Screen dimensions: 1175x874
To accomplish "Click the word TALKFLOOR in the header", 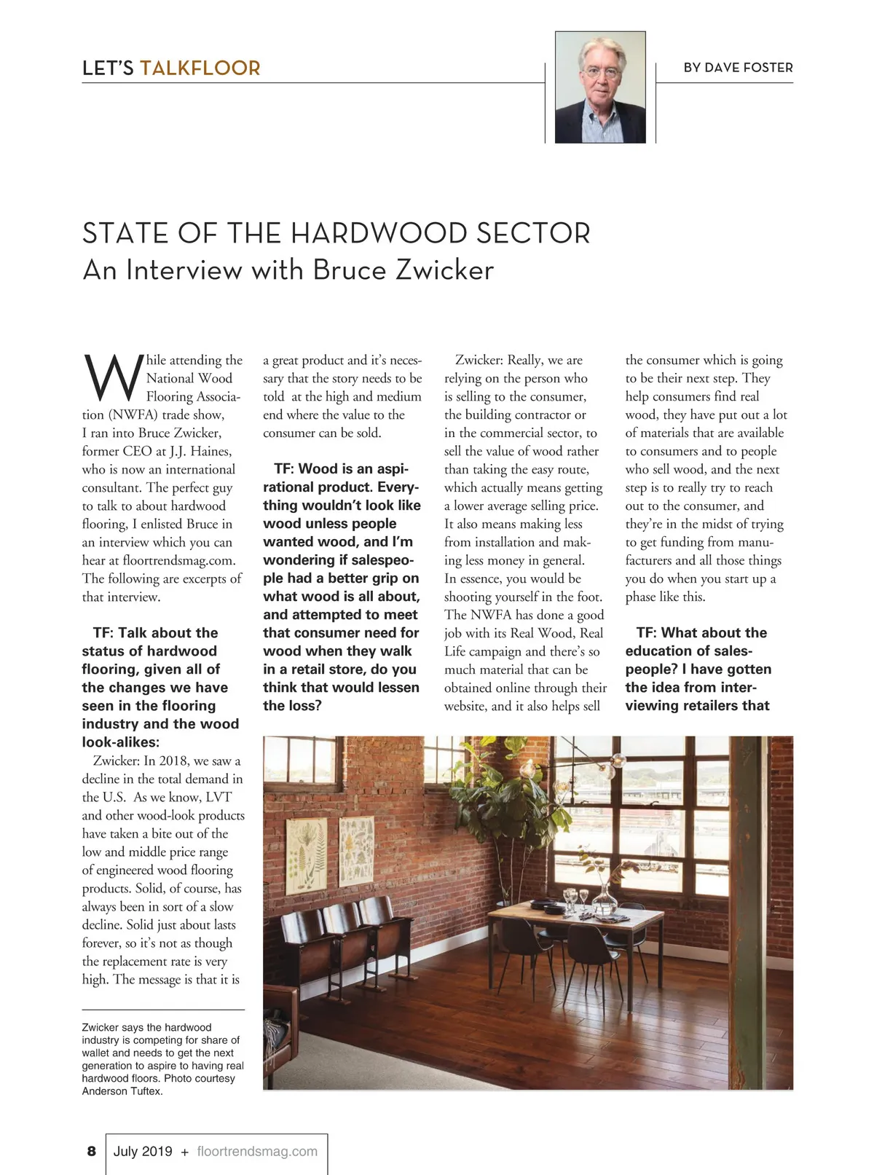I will pyautogui.click(x=200, y=68).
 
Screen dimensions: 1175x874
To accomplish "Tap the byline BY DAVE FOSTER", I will pyautogui.click(x=738, y=68).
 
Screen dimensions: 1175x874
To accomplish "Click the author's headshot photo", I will pyautogui.click(x=600, y=87).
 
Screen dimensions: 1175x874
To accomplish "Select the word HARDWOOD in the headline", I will pyautogui.click(x=379, y=234).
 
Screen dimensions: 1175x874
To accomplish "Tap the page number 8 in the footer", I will pyautogui.click(x=91, y=1151).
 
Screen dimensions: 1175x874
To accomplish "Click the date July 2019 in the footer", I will pyautogui.click(x=143, y=1151).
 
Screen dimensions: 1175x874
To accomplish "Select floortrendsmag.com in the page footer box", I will pyautogui.click(x=257, y=1151).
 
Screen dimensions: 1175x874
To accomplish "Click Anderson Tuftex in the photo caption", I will pyautogui.click(x=122, y=1091).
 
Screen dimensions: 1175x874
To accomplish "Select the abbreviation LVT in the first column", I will pyautogui.click(x=219, y=797).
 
